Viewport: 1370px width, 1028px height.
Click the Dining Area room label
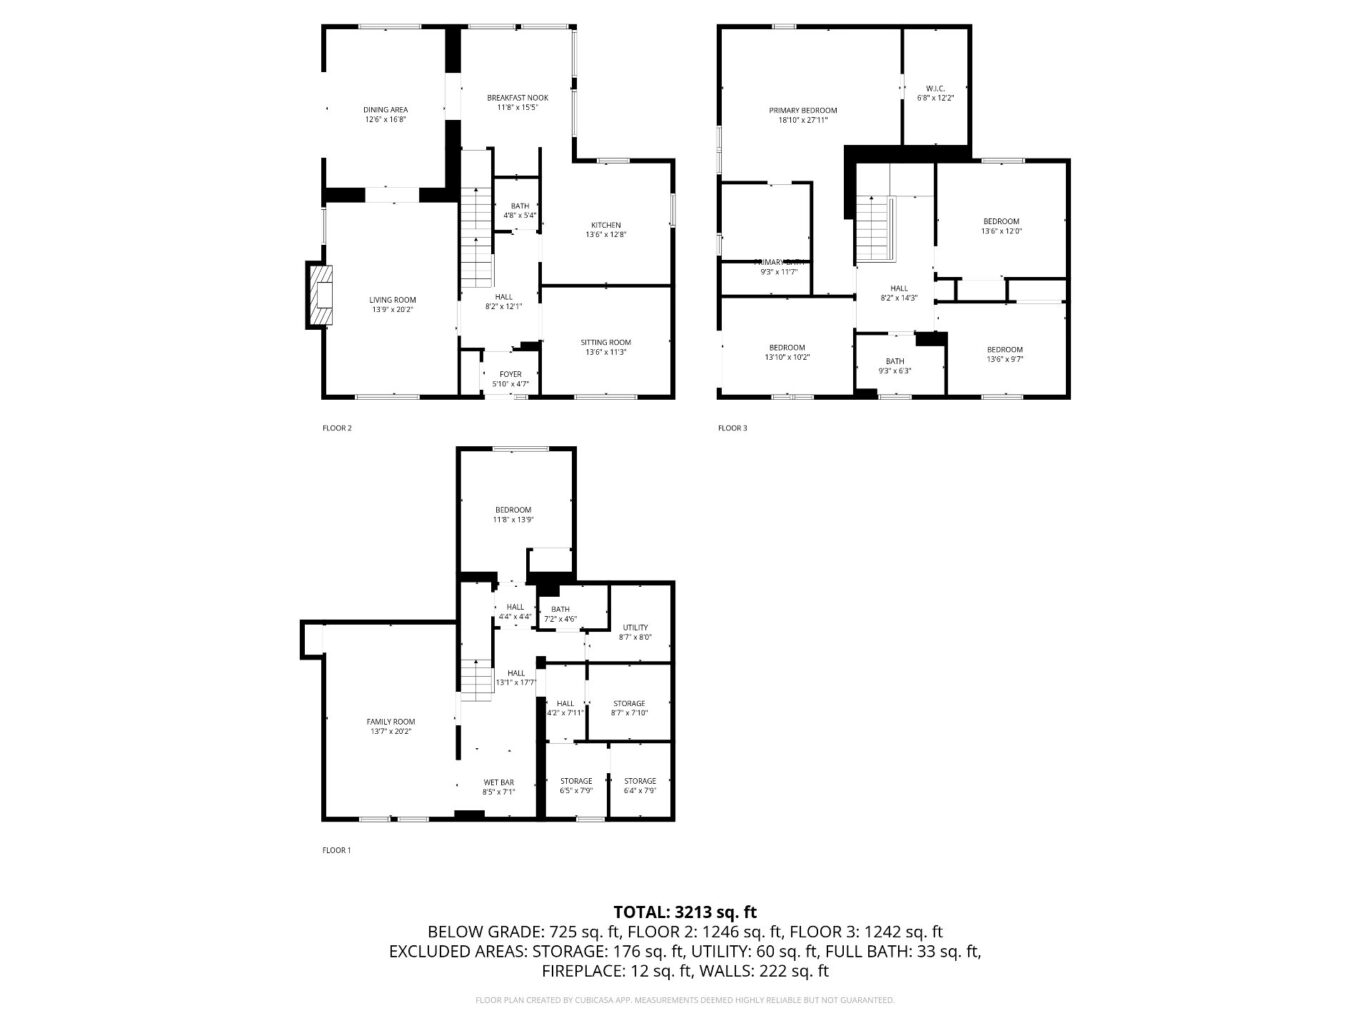[385, 114]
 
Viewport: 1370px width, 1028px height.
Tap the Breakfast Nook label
[517, 102]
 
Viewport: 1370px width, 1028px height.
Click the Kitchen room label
[605, 230]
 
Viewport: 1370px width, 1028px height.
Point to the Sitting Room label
[605, 347]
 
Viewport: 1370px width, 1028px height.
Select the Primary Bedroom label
[802, 115]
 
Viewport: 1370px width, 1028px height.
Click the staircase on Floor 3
[873, 228]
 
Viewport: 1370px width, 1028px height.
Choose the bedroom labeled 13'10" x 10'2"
[786, 352]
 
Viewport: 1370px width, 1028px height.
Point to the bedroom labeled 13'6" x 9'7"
[1004, 354]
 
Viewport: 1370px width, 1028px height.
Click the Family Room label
[390, 726]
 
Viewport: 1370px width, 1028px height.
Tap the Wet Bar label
[498, 787]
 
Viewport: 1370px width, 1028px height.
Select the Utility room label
[635, 632]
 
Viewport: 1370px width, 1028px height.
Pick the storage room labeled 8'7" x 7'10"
[629, 708]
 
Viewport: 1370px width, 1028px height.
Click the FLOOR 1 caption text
[336, 850]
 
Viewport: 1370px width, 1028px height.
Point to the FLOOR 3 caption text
[732, 428]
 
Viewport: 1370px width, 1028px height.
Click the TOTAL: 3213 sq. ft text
[684, 911]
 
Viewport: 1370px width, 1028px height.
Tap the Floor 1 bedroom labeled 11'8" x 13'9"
[513, 514]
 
